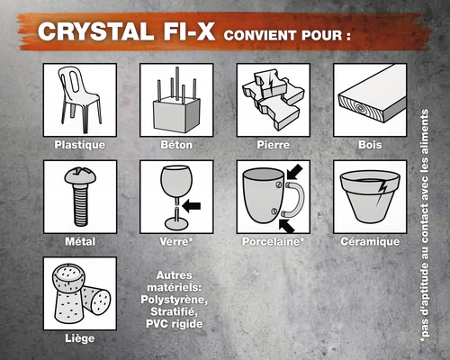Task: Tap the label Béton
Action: point(175,145)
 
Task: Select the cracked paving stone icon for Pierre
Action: point(273,97)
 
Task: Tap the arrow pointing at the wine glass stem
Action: point(193,205)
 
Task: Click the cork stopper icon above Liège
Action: point(79,292)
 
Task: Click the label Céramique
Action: point(369,242)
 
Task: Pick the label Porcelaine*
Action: point(273,242)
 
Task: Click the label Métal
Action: point(79,242)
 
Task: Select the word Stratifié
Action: point(177,312)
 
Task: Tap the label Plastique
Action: point(79,145)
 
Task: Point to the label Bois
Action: point(369,145)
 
